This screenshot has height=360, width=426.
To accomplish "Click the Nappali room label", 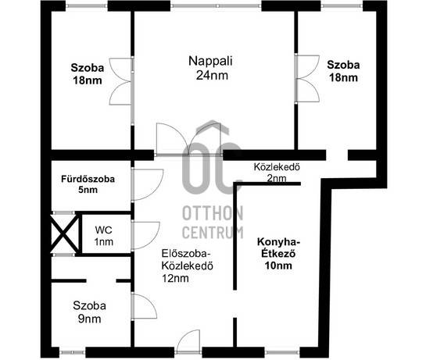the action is [x=210, y=61].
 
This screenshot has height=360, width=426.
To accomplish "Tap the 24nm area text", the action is [x=212, y=75].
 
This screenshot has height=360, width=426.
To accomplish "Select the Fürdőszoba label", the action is [x=88, y=179].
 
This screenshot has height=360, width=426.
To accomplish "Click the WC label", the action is [x=103, y=230].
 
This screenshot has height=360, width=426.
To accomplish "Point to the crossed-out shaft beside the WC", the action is [x=65, y=233].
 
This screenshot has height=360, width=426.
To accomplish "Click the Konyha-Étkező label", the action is [x=278, y=248].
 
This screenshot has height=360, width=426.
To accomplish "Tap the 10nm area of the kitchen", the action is [x=278, y=266].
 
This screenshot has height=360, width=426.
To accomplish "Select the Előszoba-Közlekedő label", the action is [x=187, y=259].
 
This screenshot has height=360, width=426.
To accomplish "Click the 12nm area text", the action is [x=175, y=278].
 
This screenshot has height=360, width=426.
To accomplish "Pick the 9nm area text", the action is [x=90, y=319].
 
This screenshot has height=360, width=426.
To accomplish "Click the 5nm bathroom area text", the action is [x=88, y=190].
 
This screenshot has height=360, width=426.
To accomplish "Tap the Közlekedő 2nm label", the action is [x=277, y=173].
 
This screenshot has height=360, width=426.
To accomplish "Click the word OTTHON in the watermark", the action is [x=213, y=213].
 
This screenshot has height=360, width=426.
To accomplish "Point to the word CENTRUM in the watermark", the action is [x=213, y=233].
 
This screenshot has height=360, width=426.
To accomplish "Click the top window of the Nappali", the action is [x=216, y=5].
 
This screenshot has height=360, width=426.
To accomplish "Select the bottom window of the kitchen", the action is [x=282, y=352].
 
